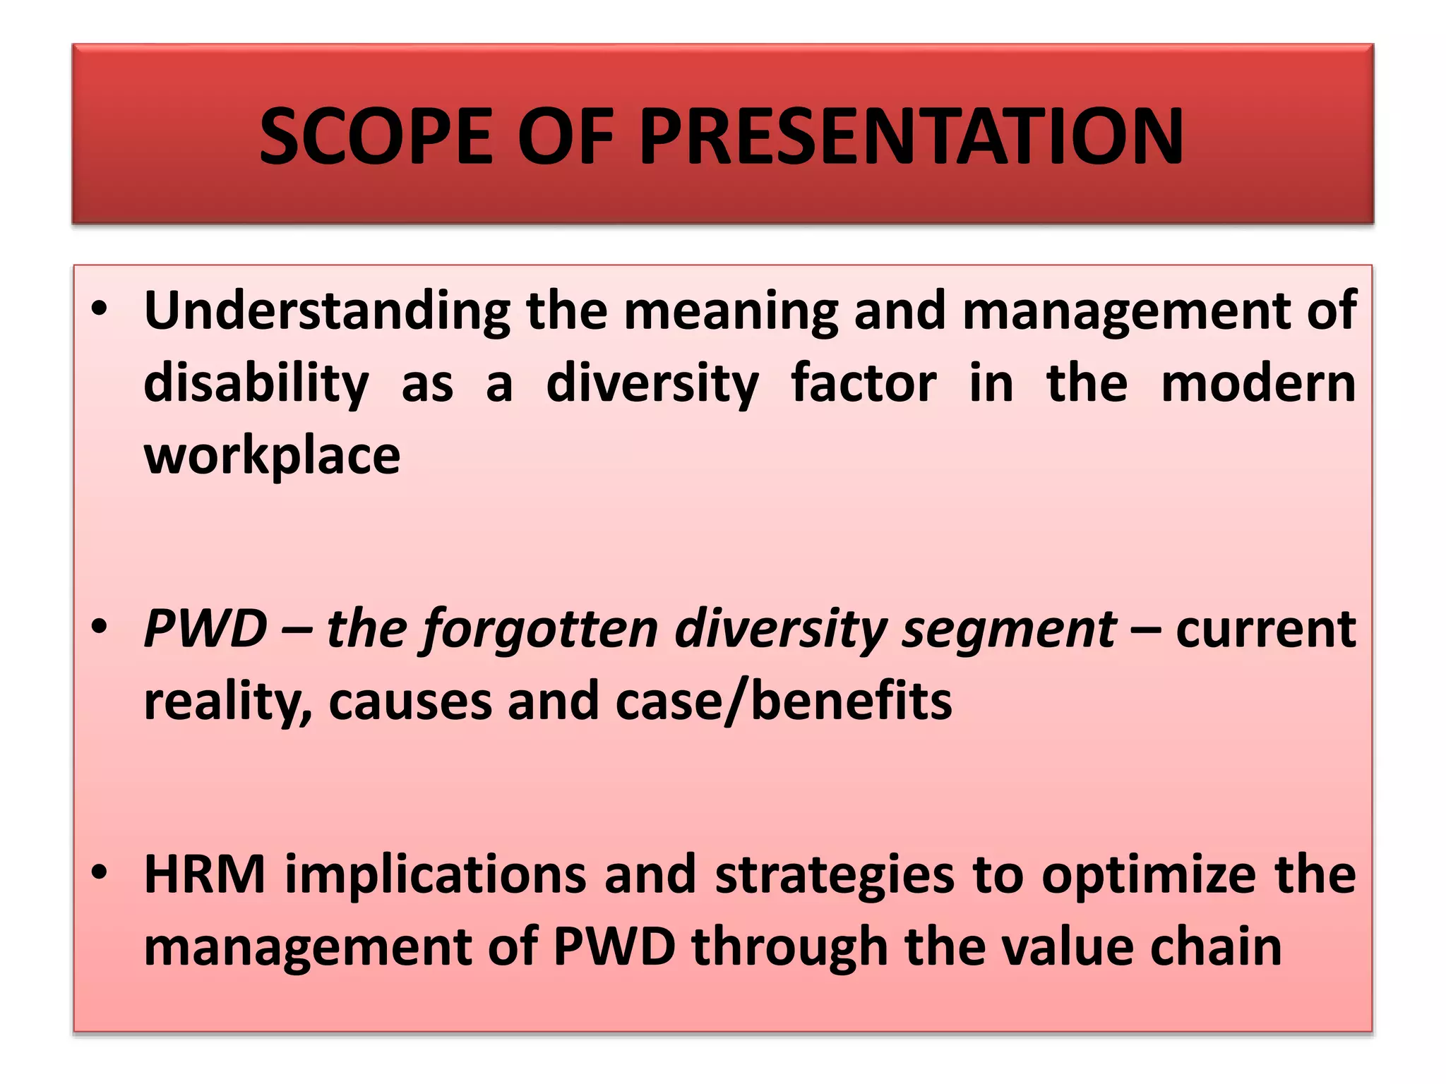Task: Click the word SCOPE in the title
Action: click(x=375, y=135)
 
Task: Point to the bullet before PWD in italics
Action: click(x=99, y=627)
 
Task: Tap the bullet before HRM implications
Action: click(x=99, y=874)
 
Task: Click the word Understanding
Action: click(x=327, y=311)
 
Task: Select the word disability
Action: click(x=256, y=385)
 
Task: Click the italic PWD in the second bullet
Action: click(x=205, y=628)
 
